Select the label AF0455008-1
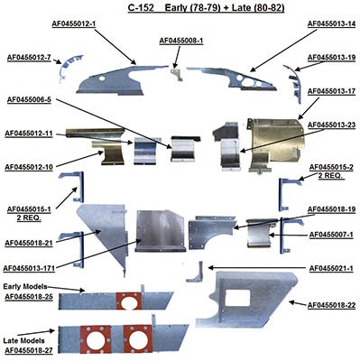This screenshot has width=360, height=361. [x=181, y=41]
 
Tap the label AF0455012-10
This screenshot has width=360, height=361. [x=33, y=167]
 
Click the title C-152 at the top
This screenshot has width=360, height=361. [x=143, y=5]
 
